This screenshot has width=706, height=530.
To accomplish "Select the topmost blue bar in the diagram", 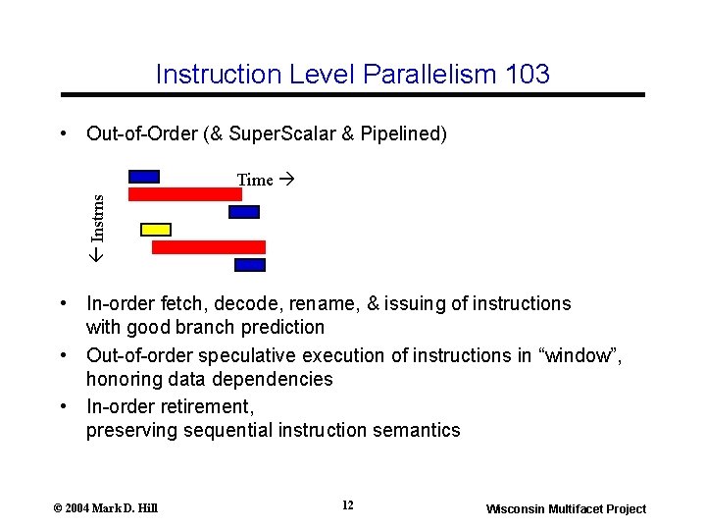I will tap(144, 177).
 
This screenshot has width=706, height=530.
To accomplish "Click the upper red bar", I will tap(185, 194).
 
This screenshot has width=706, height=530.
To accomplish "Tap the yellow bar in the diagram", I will tap(156, 230).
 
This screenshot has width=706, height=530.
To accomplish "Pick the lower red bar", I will tap(209, 247).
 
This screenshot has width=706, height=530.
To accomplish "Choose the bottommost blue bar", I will tap(250, 265).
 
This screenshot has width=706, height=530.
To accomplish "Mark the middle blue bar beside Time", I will tap(243, 212).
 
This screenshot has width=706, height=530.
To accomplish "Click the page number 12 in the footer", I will tap(348, 505).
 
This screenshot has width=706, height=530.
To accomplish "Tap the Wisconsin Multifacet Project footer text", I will tap(567, 508).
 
